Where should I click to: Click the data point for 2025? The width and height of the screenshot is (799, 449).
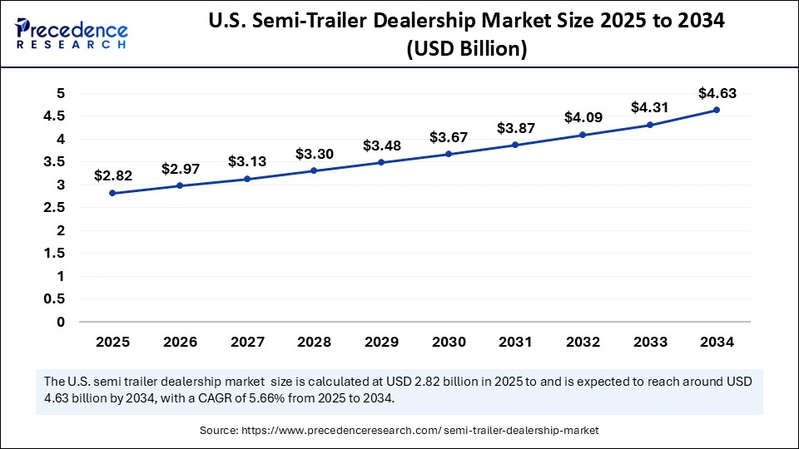coord(112,193)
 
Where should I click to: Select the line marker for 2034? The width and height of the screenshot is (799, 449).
coord(716,110)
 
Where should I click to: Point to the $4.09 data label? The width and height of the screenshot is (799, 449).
coord(582,117)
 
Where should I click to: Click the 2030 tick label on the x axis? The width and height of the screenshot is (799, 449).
coord(448,341)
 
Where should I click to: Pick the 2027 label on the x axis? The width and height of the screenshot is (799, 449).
coord(246,341)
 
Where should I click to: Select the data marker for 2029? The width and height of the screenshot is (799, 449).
coord(380,162)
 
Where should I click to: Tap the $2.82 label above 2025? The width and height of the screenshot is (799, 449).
coord(112,175)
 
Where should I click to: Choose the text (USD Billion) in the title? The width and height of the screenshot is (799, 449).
coord(467,50)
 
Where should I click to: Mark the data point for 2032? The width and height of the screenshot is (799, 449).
coord(582,135)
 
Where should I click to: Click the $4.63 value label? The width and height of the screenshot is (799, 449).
coord(716,93)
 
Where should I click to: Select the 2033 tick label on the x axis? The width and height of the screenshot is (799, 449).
coord(649,341)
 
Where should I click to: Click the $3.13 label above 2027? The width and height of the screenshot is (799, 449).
coord(246,161)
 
